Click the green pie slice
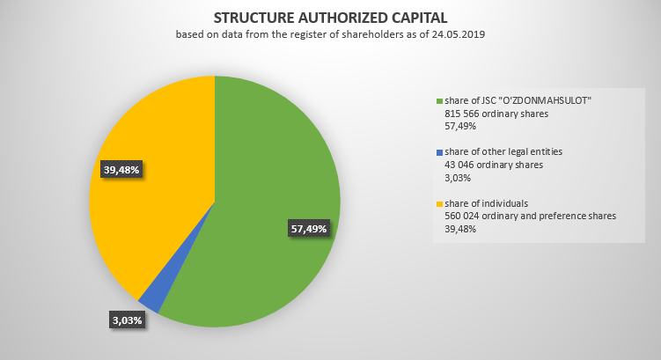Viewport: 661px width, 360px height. [x=264, y=176]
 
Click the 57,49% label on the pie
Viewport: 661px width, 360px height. [x=308, y=229]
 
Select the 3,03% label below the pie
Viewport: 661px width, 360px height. [x=127, y=320]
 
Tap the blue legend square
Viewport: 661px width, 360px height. [x=440, y=152]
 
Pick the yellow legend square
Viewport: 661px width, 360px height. [x=440, y=204]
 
